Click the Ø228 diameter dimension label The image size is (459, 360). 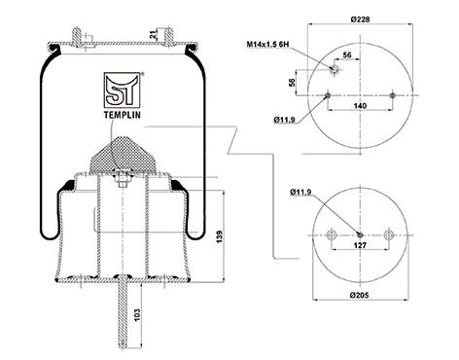[360, 19]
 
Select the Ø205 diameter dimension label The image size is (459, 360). [360, 295]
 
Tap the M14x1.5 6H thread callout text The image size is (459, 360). [267, 44]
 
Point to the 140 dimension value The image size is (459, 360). [360, 106]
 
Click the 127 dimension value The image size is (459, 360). [360, 245]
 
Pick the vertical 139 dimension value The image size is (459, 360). [220, 237]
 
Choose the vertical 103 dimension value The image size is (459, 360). [137, 315]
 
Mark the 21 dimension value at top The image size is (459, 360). [153, 35]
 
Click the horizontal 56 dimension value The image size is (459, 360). [347, 55]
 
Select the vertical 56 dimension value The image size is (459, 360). [292, 82]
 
